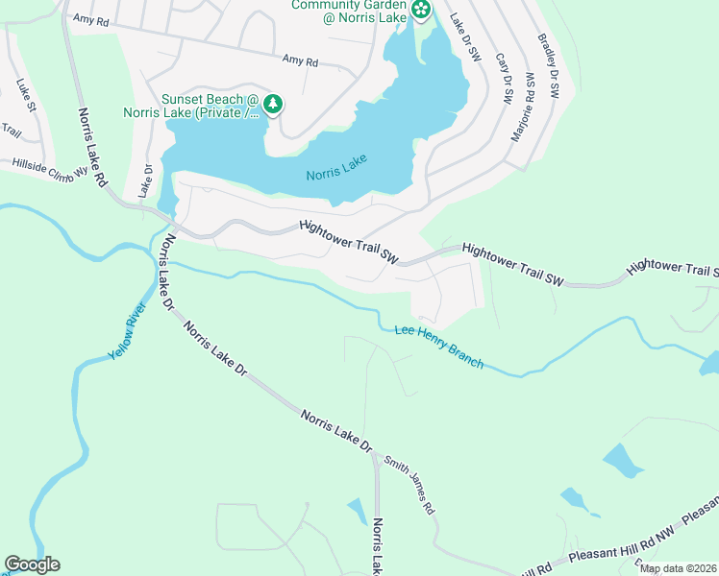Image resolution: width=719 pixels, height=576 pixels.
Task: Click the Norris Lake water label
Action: click(337, 174)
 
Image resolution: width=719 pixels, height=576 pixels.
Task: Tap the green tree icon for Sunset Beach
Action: click(274, 104)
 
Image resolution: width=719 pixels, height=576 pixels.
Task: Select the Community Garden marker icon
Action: click(420, 10)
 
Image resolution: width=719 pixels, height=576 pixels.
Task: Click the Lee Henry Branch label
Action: click(438, 348)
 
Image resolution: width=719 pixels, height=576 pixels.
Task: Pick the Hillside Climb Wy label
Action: click(50, 171)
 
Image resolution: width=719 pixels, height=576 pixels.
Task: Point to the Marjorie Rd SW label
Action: click(522, 107)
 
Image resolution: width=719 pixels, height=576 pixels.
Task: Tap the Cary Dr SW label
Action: click(503, 77)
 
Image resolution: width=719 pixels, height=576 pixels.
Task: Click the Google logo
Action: click(32, 564)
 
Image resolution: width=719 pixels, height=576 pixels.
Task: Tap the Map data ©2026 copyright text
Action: click(677, 568)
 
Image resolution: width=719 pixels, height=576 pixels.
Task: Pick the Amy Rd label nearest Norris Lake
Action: click(300, 60)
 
